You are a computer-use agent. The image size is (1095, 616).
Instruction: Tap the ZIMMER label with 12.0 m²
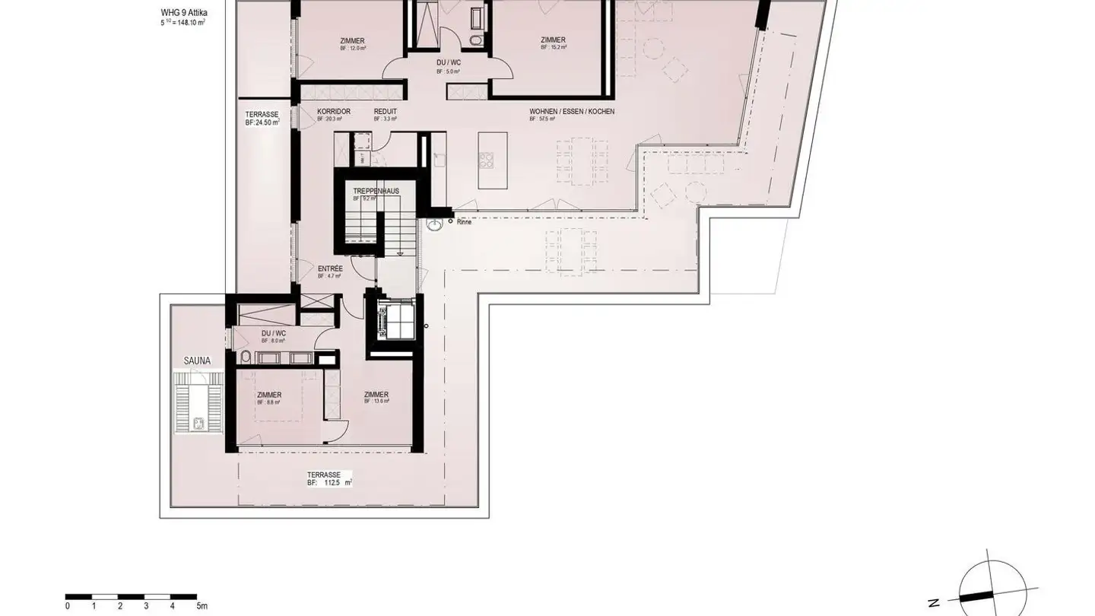(353, 41)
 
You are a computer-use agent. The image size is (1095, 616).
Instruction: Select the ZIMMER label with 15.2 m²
(553, 41)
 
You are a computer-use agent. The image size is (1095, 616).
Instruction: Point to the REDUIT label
(385, 112)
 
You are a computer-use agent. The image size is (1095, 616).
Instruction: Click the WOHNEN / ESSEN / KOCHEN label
(572, 112)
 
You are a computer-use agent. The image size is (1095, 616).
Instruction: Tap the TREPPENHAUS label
(376, 191)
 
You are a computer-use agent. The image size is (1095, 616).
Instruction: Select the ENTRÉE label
(330, 269)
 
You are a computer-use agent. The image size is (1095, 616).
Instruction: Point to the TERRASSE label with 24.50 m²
(262, 114)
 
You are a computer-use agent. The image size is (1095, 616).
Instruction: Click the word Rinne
(465, 222)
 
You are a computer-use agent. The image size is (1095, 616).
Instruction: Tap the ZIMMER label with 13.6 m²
(376, 395)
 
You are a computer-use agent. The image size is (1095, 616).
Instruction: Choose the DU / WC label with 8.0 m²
(273, 334)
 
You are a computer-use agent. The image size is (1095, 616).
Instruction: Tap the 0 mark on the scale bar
(68, 606)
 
